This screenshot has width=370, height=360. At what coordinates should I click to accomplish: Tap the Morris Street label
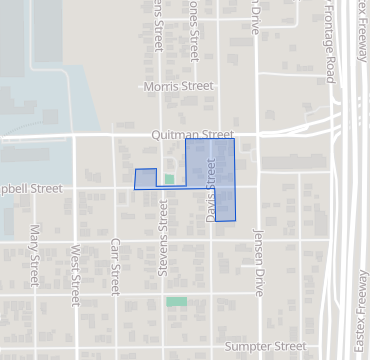point(178,87)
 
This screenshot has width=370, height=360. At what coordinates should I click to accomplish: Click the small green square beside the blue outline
point(169,179)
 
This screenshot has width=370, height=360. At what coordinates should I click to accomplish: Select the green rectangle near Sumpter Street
point(176,301)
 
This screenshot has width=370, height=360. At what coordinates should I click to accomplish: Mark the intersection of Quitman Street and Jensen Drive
point(257,134)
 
